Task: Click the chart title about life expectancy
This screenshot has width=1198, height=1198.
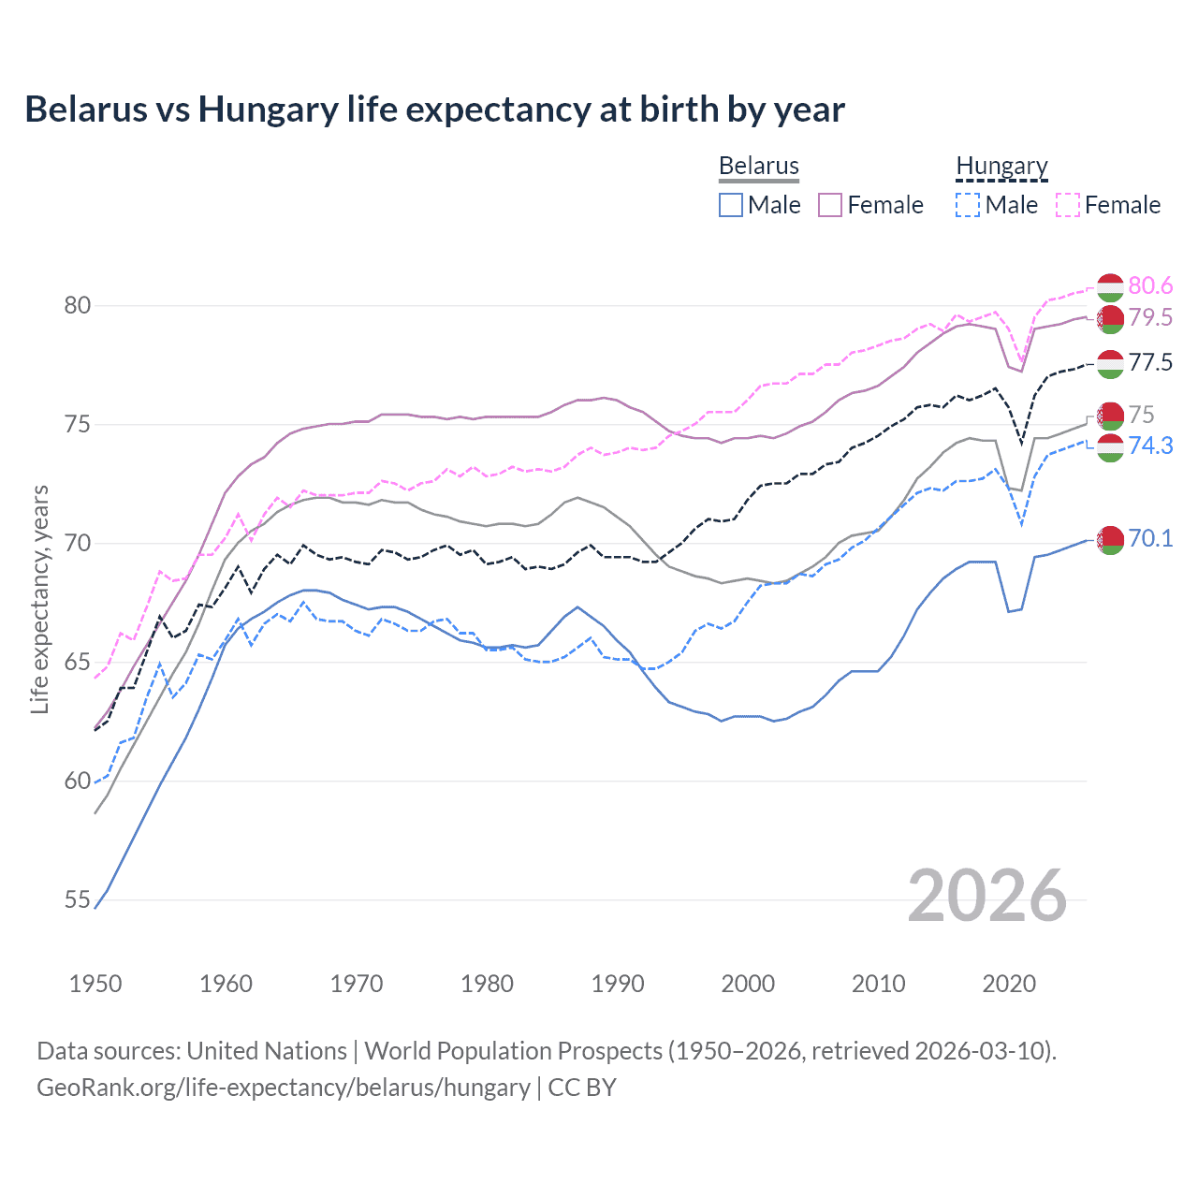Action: pos(434,110)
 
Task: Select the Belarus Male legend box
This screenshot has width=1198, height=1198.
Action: pos(731,205)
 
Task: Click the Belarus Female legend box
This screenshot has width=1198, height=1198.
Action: pos(830,205)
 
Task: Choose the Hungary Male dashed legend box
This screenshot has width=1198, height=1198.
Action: pos(968,205)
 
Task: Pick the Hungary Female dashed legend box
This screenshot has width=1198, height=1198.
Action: pos(1068,205)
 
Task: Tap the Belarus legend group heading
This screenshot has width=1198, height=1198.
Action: pos(758,166)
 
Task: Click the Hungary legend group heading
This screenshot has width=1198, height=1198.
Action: pos(1001,166)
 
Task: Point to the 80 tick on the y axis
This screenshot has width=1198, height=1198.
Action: pos(78,306)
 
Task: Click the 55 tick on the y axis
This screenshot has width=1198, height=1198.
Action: pos(78,900)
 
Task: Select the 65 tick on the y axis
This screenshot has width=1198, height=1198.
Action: pos(78,663)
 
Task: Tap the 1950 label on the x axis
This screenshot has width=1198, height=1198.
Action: pos(95,984)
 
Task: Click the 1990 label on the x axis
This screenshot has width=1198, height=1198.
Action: pos(618,984)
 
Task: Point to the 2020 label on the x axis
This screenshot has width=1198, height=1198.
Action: pos(1009,984)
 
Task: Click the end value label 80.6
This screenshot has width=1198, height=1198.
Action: pos(1150,285)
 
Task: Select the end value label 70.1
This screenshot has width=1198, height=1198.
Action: pos(1150,538)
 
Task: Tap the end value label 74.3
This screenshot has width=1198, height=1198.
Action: pos(1150,446)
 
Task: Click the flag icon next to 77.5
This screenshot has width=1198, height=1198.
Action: pos(1110,364)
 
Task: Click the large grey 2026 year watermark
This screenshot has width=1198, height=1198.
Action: pos(987,896)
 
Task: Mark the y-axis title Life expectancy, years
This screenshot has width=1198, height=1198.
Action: pos(39,599)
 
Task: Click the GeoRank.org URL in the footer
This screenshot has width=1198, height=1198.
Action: pos(283,1088)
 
